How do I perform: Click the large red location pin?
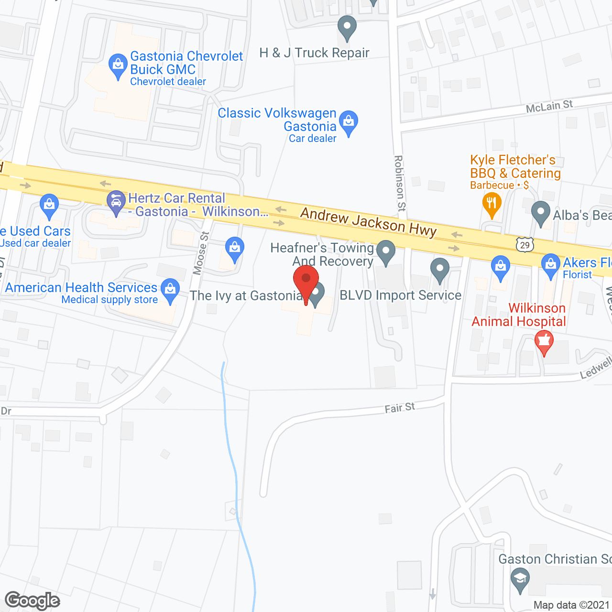tap(306, 282)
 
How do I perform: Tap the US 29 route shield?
tap(525, 244)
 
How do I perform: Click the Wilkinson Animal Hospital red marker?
tap(544, 342)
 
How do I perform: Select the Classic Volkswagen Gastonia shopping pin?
tap(349, 122)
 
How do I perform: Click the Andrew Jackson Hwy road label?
tap(368, 222)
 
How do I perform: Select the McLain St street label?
tap(549, 106)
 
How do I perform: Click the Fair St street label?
tap(400, 408)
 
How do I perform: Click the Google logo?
tap(33, 601)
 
